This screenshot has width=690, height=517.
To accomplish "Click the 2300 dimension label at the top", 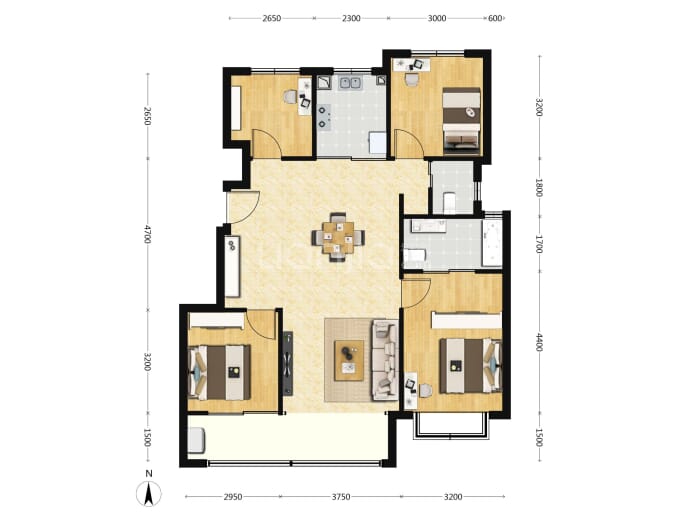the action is (351, 18).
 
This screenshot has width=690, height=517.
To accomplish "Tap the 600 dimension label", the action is (495, 18).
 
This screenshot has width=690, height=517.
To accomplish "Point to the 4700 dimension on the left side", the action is (147, 234).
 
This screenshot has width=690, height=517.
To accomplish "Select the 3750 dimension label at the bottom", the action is (341, 497).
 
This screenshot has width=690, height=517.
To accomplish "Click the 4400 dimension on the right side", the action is (540, 342).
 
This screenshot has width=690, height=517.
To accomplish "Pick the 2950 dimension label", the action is (233, 497).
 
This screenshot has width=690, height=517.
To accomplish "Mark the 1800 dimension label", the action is (540, 187).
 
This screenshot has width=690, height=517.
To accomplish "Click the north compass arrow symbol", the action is (149, 494).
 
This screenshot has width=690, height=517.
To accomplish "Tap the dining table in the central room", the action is (338, 238).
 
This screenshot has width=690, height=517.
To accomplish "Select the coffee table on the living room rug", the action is (349, 360).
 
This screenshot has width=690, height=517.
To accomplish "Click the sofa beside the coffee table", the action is (385, 360).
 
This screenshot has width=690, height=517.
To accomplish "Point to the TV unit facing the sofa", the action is (288, 363).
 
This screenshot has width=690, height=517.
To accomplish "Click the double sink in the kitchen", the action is (350, 83).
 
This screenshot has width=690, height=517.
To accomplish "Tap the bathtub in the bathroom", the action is (492, 243).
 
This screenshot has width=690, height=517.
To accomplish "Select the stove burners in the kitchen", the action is (324, 118).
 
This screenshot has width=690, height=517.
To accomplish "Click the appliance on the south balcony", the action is (196, 440).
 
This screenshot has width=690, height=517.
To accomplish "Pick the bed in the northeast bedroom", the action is (461, 120).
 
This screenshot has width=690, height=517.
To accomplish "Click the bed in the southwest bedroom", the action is (219, 373).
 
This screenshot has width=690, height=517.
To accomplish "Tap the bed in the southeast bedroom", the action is (470, 366).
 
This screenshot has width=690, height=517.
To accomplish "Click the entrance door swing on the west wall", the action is (243, 207).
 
